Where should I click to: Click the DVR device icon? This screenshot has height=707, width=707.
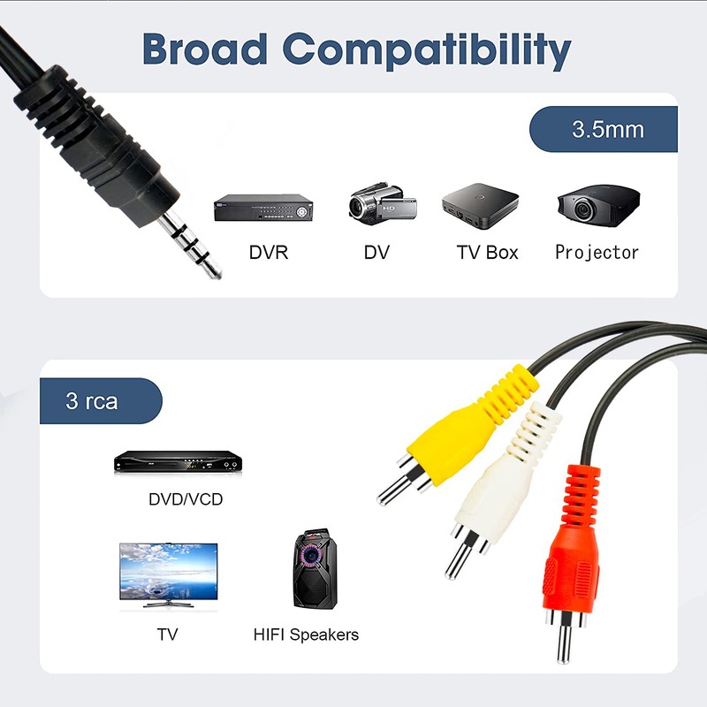pyautogui.click(x=264, y=208)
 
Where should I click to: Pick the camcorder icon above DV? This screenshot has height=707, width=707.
pyautogui.click(x=378, y=205)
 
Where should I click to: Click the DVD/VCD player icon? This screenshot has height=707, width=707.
pyautogui.click(x=177, y=462)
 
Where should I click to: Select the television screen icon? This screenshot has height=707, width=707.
pyautogui.click(x=168, y=574)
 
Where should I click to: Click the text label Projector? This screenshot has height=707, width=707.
pyautogui.click(x=597, y=253)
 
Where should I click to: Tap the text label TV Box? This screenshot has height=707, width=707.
pyautogui.click(x=487, y=253)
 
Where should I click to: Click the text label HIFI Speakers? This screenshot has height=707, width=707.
pyautogui.click(x=306, y=635)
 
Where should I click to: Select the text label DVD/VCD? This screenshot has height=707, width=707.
pyautogui.click(x=186, y=499)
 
